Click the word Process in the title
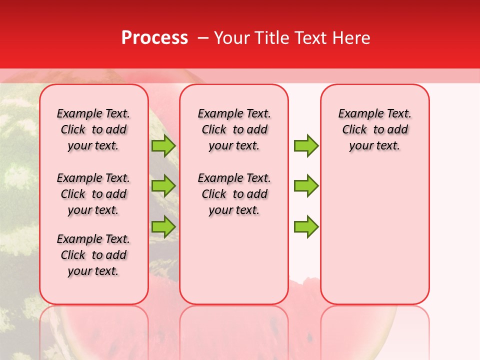154,38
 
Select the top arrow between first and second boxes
163,145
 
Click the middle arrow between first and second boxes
163,186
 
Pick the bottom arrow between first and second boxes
163,226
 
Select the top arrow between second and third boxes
306,145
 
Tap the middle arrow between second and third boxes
306,186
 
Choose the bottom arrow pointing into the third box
306,226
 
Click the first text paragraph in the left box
93,129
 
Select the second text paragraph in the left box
93,194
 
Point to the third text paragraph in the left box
93,255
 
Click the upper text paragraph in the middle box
234,129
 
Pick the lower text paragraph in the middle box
234,194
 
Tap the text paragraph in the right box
375,129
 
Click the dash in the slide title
203,38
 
